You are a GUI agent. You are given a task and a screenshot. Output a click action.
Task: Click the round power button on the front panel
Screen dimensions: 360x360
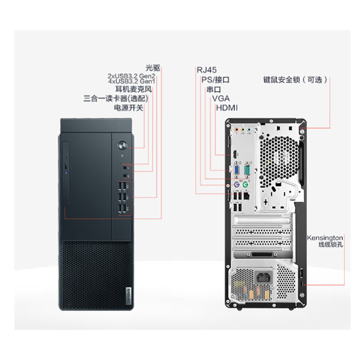(122, 145)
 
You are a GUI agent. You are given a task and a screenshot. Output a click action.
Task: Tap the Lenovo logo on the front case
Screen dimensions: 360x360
(129, 296)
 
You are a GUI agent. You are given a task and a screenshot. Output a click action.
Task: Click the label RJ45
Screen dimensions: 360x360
(207, 70)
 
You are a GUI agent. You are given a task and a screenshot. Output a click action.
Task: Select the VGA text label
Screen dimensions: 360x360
(221, 99)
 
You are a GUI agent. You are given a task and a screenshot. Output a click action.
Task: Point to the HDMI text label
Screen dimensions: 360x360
(227, 108)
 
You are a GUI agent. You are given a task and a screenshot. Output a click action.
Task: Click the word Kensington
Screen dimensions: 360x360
(325, 238)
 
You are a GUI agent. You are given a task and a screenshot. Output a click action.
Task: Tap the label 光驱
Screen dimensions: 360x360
(153, 68)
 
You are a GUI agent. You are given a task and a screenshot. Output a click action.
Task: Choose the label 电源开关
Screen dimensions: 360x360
(129, 108)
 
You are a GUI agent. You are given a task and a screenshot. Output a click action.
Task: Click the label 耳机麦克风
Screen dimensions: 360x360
(133, 89)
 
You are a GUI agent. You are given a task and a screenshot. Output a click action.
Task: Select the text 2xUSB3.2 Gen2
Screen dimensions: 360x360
(131, 76)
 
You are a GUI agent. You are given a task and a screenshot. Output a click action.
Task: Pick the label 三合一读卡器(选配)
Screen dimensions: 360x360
(116, 99)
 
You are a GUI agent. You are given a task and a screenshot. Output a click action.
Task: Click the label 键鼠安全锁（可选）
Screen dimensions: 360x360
(295, 80)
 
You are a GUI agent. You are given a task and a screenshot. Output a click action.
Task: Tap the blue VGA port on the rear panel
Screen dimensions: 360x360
(237, 170)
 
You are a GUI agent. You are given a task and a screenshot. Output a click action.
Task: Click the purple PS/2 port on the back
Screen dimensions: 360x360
(237, 184)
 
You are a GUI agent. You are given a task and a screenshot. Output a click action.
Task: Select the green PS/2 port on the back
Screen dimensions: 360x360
(245, 184)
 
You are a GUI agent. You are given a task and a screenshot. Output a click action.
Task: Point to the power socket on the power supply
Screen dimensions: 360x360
(263, 278)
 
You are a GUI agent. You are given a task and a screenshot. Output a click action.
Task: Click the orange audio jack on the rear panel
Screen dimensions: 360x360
(237, 130)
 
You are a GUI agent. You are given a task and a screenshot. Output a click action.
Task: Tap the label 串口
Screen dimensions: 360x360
(213, 89)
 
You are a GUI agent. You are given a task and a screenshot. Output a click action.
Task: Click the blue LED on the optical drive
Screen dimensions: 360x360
(66, 173)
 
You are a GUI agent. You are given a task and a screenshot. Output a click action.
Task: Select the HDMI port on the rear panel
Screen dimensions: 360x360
(234, 154)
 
